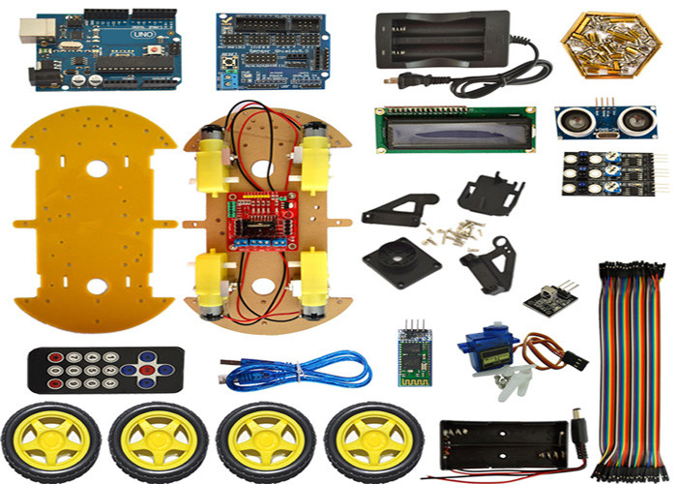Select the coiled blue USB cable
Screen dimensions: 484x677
300,369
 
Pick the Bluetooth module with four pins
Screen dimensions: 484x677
416,355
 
